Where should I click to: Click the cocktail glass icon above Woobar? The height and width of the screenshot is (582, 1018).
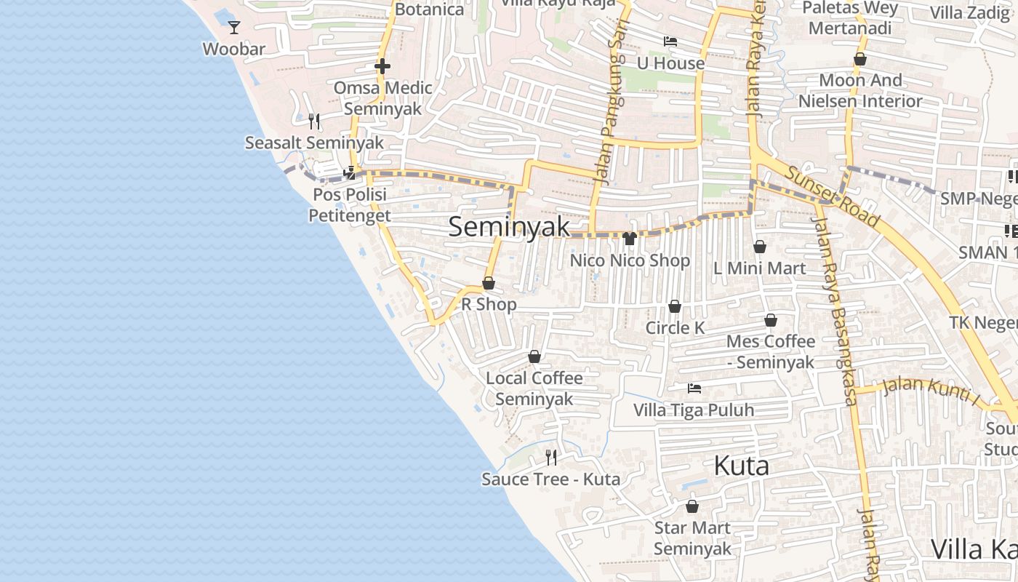233,28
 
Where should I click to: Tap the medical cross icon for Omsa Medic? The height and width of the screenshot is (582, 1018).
382,66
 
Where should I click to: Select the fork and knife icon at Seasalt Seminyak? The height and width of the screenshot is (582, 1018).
314,121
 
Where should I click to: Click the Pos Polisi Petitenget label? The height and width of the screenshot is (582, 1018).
349,205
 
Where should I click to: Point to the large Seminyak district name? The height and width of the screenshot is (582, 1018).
509,226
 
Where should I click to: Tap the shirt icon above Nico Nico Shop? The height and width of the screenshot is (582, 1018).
630,238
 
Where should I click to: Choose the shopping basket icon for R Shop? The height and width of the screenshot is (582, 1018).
489,283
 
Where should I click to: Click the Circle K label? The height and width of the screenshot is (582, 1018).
675,328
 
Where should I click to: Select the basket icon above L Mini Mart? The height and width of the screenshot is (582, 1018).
760,247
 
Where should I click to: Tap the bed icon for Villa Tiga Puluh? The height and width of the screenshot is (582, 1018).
694,388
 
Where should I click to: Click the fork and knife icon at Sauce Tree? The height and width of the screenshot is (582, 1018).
551,458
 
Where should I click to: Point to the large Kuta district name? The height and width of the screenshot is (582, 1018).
741,466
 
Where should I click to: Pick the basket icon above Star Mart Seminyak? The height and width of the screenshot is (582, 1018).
692,506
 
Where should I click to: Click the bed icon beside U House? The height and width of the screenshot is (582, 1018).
670,41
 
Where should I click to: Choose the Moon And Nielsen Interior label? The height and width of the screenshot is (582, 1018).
860,90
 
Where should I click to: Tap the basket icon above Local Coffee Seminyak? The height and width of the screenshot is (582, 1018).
534,356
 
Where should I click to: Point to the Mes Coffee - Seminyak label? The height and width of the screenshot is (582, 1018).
771,351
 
